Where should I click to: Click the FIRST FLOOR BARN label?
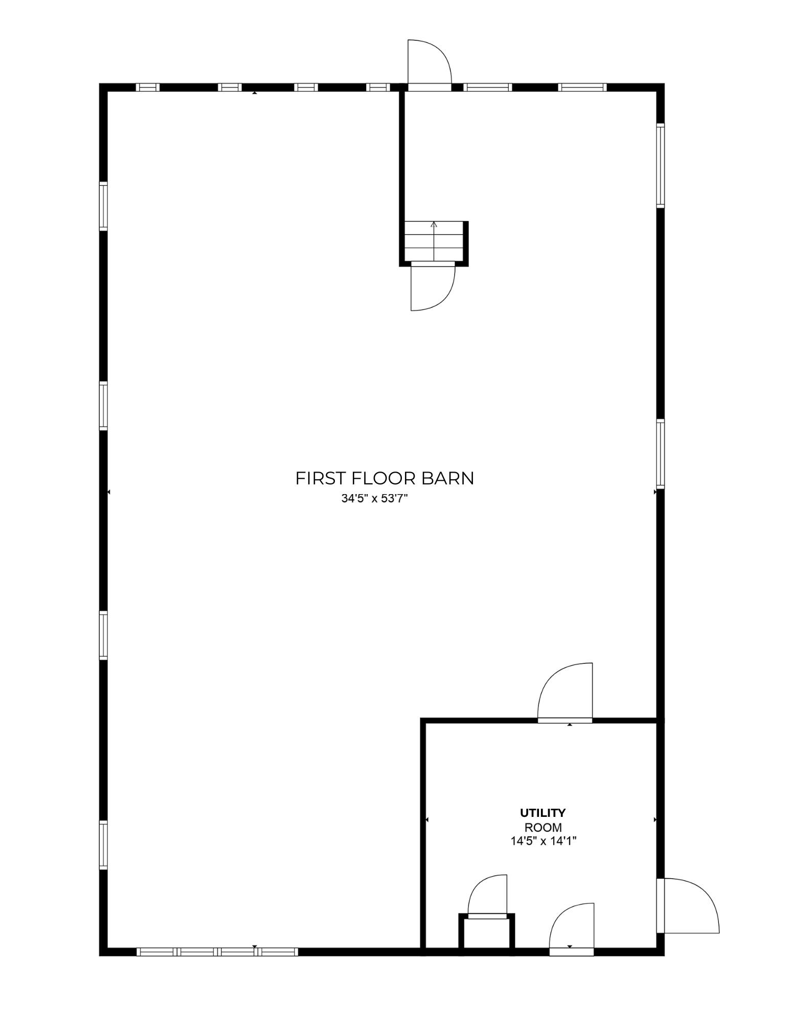click(385, 478)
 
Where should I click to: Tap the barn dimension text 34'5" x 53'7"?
click(374, 498)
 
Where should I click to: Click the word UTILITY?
click(543, 813)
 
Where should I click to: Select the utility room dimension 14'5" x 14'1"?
click(543, 840)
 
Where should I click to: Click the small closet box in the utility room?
click(486, 933)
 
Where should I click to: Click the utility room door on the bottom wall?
click(572, 928)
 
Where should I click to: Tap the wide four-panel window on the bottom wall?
click(217, 951)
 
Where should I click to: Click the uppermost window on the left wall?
click(103, 206)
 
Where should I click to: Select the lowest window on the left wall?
click(103, 844)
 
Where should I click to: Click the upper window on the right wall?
click(660, 165)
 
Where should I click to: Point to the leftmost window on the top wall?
click(148, 87)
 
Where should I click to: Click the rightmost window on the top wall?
click(582, 87)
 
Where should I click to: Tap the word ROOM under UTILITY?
click(543, 827)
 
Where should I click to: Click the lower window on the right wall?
click(660, 454)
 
